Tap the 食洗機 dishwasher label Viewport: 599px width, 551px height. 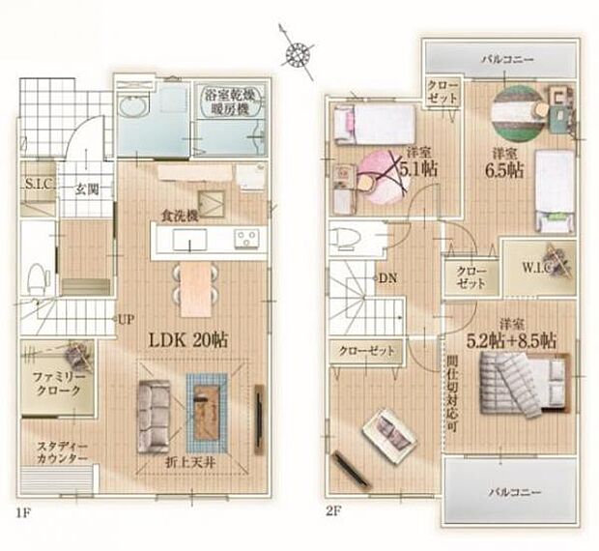[x=180, y=217]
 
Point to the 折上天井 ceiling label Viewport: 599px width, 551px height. [x=191, y=461]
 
